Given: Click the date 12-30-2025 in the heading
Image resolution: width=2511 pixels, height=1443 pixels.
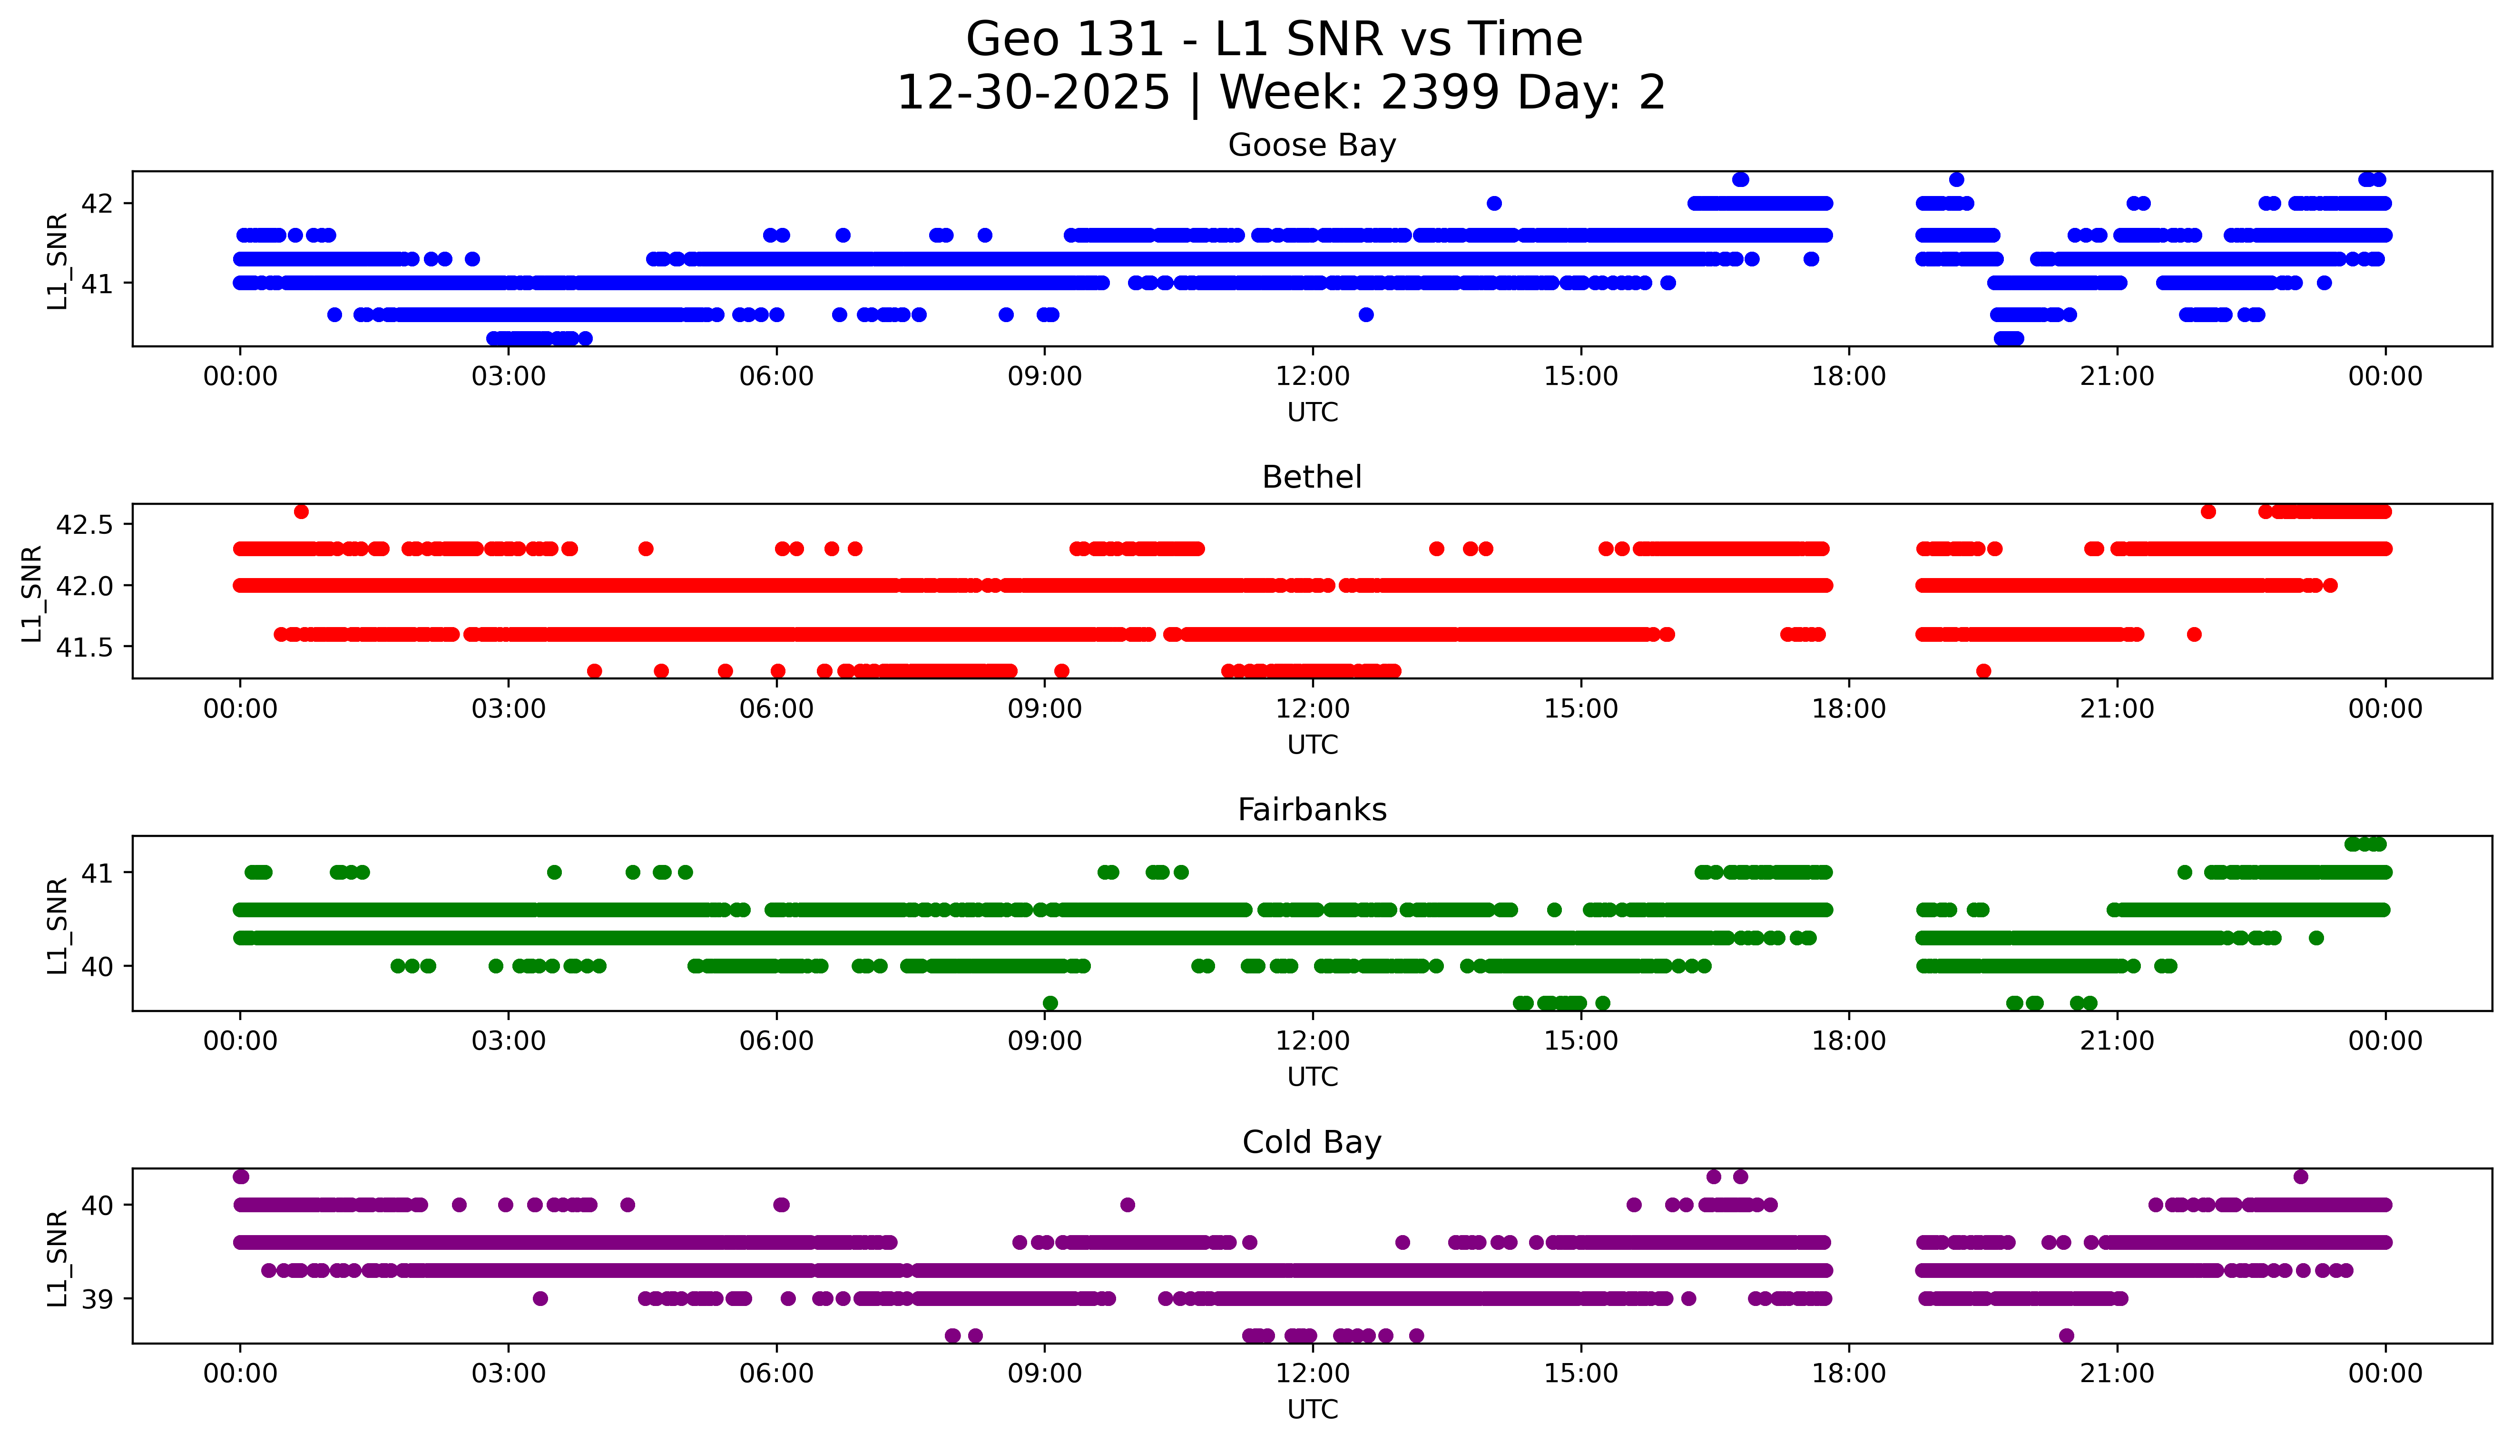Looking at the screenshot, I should tap(1033, 93).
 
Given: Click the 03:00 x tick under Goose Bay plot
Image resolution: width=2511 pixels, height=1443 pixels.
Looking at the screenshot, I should tap(509, 377).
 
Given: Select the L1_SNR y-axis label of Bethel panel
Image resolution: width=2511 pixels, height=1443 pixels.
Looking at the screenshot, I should tap(32, 593).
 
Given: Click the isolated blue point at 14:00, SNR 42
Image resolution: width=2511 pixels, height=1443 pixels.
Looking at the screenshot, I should tap(1494, 203).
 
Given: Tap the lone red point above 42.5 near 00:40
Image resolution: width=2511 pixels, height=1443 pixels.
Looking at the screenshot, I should tap(301, 511).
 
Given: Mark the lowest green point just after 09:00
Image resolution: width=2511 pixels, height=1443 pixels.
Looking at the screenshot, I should tap(1050, 1003).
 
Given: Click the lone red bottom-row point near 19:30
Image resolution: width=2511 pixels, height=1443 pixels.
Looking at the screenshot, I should tap(1983, 671).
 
